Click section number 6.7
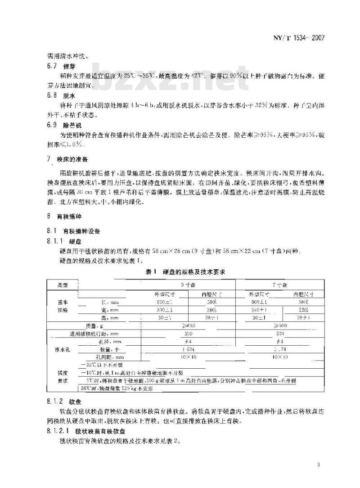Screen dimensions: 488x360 tap(52, 66)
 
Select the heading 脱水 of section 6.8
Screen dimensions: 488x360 tap(68, 95)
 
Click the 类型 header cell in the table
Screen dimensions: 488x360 tap(62, 285)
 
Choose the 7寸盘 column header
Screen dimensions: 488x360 tap(281, 285)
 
